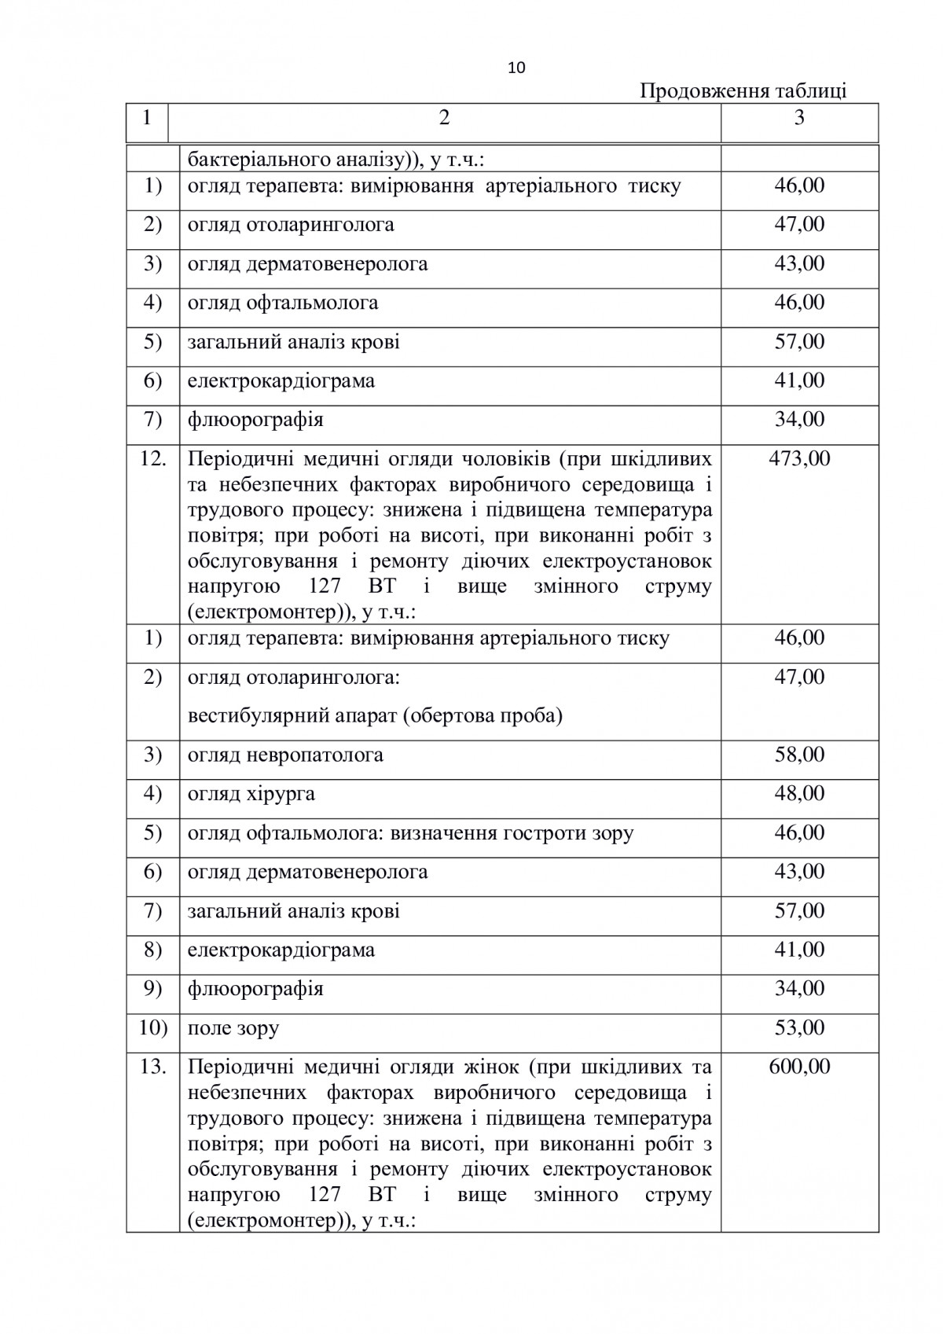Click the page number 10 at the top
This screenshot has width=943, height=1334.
(517, 68)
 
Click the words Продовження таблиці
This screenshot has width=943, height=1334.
(743, 91)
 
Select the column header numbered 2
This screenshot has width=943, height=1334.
(445, 118)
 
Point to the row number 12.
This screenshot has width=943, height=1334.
(152, 458)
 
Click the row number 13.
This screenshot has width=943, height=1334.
(152, 1067)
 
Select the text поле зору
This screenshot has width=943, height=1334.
(233, 1028)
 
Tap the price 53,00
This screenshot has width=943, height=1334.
(799, 1028)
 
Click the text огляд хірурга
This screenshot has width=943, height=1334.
(251, 794)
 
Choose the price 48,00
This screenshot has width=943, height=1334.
(799, 794)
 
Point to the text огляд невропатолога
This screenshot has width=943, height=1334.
(285, 755)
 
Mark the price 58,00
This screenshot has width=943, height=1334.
(799, 755)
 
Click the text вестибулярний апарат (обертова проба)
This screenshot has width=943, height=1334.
(375, 717)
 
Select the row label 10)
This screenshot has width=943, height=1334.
(152, 1028)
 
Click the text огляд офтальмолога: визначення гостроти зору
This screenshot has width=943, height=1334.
(410, 833)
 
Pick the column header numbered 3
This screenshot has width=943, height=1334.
(799, 118)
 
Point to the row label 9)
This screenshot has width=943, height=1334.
(152, 989)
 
